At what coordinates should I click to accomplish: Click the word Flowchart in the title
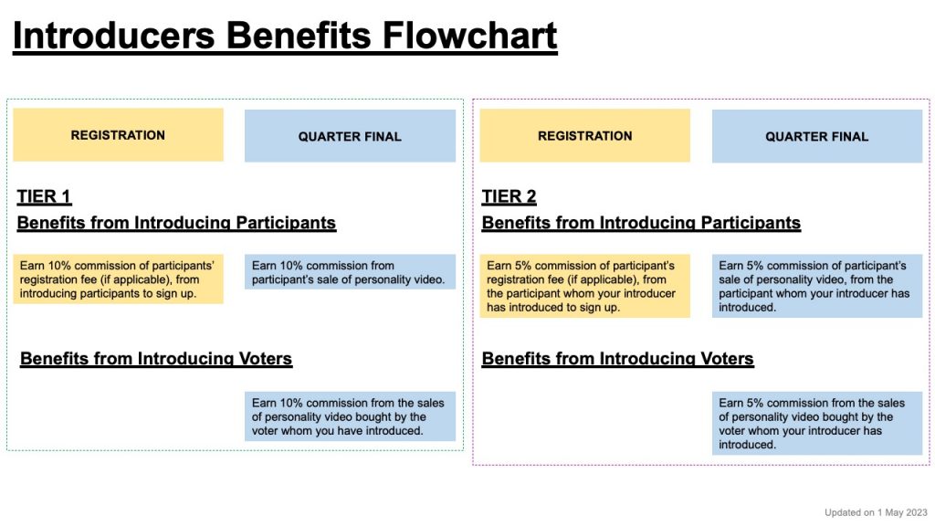tap(469, 36)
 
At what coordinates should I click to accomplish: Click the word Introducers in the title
tap(113, 36)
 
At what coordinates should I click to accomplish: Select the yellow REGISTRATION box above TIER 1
tap(118, 135)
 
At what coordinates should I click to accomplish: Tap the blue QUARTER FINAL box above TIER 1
tap(350, 136)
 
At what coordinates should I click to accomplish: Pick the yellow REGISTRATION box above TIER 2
tap(585, 135)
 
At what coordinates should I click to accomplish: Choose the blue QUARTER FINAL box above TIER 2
tap(817, 136)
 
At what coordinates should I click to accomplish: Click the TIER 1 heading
tap(44, 197)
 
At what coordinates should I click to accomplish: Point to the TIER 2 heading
tap(510, 197)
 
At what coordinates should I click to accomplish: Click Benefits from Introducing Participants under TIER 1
tap(176, 223)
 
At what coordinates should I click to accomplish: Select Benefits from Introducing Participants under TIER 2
tap(641, 223)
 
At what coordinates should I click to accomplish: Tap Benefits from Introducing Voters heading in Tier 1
tap(156, 358)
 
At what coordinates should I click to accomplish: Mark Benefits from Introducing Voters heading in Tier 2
tap(618, 358)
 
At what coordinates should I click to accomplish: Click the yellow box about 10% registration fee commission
tap(118, 279)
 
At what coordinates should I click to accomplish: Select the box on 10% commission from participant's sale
tap(350, 272)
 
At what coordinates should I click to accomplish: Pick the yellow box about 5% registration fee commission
tap(585, 286)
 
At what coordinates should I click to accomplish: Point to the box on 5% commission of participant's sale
tap(817, 286)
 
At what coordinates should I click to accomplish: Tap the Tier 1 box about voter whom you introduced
tap(350, 416)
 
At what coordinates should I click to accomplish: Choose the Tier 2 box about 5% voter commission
tap(817, 424)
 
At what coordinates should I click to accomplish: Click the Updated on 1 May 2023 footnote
tap(876, 512)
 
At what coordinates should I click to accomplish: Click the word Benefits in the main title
tap(299, 36)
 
